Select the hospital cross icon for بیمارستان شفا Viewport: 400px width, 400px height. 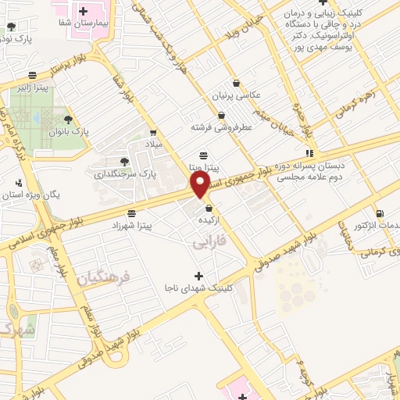83,11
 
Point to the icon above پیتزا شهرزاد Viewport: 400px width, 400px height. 131,212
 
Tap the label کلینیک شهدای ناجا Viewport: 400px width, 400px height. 199,288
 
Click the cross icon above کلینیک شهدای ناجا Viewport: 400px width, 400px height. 198,276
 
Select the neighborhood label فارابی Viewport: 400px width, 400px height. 209,244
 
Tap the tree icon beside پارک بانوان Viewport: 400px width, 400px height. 68,120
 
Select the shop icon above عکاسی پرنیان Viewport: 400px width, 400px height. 236,84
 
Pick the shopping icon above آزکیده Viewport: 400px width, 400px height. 209,208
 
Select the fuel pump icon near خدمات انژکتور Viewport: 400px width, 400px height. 380,214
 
